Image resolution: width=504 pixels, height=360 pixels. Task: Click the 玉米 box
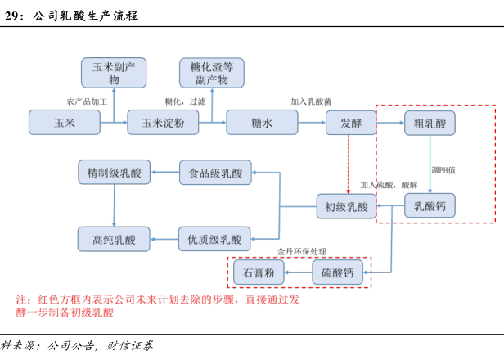(64, 123)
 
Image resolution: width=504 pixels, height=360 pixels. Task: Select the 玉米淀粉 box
(163, 123)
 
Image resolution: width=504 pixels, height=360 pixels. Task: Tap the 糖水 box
(262, 123)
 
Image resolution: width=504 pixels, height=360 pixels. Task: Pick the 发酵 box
(350, 123)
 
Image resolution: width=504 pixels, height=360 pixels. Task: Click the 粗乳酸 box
(430, 123)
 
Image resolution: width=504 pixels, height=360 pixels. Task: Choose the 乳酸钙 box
(430, 205)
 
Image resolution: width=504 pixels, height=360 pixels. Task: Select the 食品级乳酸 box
(215, 173)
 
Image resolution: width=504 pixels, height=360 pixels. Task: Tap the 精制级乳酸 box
(114, 173)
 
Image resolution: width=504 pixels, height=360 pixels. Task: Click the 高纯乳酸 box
(114, 239)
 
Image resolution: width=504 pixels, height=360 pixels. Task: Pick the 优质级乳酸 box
(215, 239)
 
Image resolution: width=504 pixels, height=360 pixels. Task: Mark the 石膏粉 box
(259, 272)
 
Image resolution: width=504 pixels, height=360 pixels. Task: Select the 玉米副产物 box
(114, 73)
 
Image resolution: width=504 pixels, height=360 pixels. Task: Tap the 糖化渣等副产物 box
(212, 73)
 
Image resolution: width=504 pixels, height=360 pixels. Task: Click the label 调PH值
(444, 169)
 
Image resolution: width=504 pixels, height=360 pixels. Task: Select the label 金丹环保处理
(302, 251)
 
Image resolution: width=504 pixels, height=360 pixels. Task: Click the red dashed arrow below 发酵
(349, 164)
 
